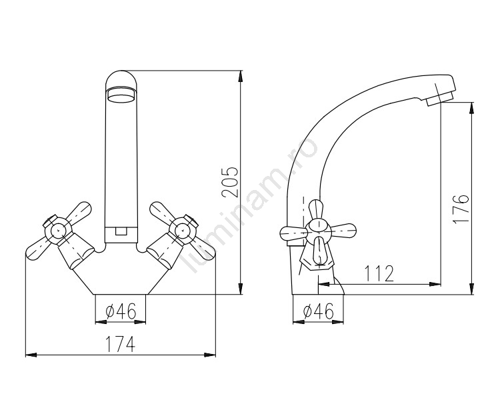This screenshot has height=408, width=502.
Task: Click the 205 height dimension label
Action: coord(231,181)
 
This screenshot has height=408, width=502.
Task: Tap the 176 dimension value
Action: coord(461,209)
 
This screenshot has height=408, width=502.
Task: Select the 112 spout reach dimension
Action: coord(379,273)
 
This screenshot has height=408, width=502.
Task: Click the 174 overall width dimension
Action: coord(121,343)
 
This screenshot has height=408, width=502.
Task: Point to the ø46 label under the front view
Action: coord(121,311)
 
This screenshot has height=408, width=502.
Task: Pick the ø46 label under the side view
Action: coord(318,311)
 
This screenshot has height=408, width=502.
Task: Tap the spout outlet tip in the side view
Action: coord(439,98)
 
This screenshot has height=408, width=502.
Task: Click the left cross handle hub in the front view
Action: coord(57,229)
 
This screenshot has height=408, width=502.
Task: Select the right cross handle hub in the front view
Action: coord(183,229)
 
